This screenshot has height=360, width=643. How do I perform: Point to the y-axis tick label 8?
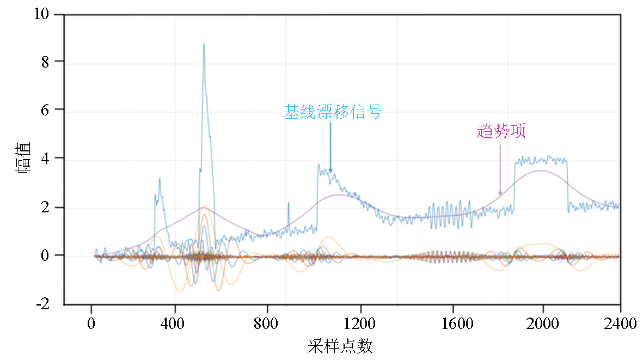pyautogui.click(x=46, y=62)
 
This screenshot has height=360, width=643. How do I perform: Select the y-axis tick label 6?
pyautogui.click(x=46, y=110)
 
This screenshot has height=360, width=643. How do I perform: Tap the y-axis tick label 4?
pyautogui.click(x=46, y=158)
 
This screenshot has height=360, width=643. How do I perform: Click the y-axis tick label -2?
pyautogui.click(x=43, y=303)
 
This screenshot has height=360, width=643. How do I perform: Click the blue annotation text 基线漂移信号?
pyautogui.click(x=332, y=112)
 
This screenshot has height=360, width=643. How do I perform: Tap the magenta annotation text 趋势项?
pyautogui.click(x=501, y=131)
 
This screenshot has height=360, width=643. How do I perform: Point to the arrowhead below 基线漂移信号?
pyautogui.click(x=330, y=171)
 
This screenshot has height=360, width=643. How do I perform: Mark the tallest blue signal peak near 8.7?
pyautogui.click(x=204, y=45)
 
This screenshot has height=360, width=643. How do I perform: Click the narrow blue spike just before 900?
pyautogui.click(x=288, y=203)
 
